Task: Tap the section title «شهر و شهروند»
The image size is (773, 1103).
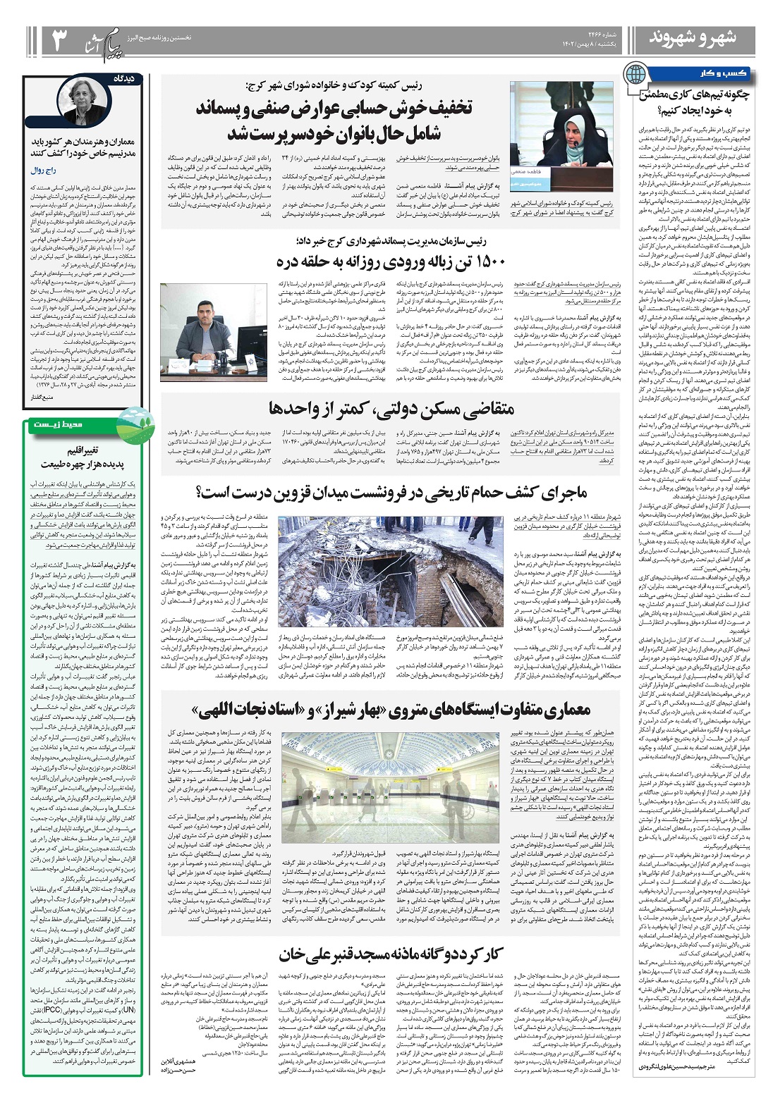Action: click(692, 39)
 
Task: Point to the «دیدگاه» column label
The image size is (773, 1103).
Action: click(132, 79)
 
